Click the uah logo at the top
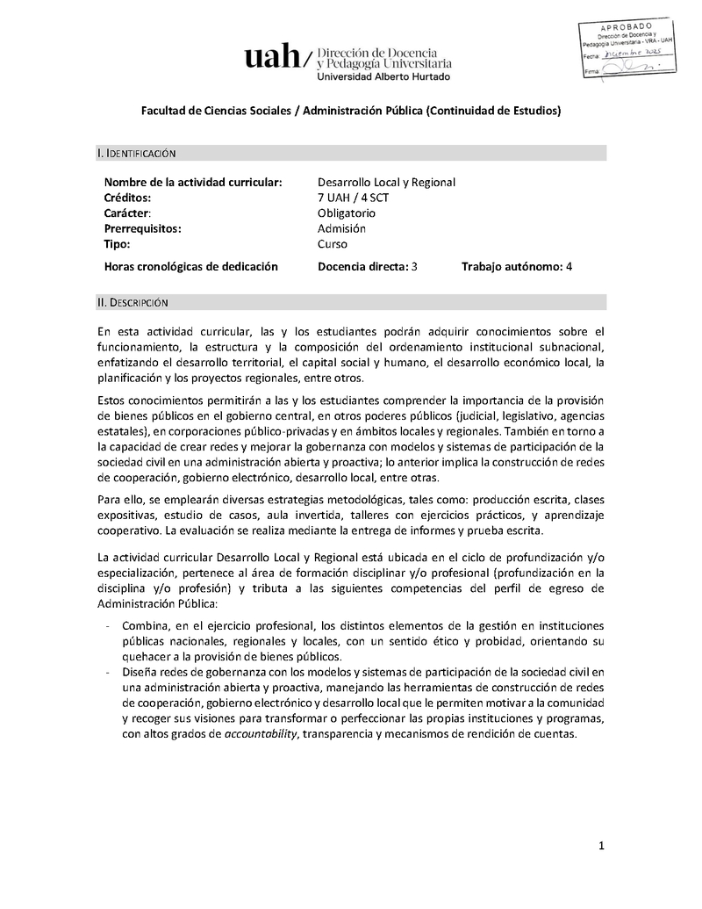click(275, 58)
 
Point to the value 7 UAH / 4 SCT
click(354, 198)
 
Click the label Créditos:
click(127, 198)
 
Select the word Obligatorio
click(347, 213)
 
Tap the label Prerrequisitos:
click(142, 228)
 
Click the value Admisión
click(341, 228)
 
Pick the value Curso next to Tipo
click(333, 244)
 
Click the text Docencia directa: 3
click(368, 266)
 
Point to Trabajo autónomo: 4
click(517, 266)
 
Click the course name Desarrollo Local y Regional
click(386, 182)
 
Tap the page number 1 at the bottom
click(602, 846)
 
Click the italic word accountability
click(261, 734)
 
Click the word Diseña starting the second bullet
click(141, 673)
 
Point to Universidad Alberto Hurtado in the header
click(382, 76)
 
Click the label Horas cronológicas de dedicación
click(190, 266)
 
